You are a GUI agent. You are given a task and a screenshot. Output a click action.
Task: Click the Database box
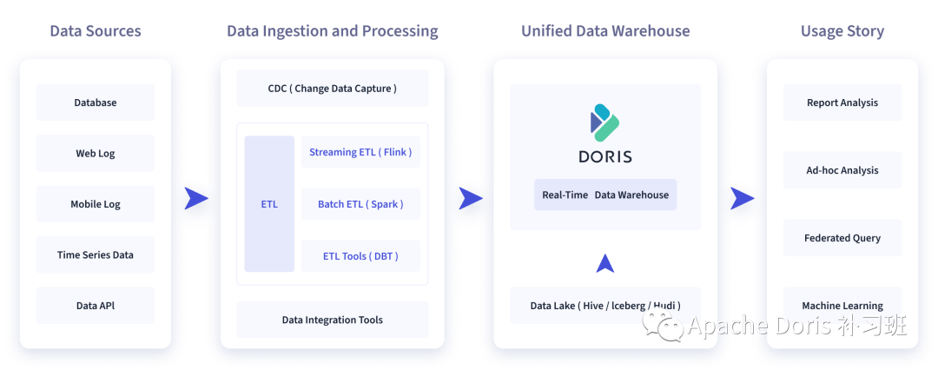(96, 102)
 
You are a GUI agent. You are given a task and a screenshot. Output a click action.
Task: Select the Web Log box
(96, 154)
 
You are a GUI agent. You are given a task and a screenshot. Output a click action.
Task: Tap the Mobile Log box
(96, 204)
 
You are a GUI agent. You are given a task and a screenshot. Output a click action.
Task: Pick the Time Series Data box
(96, 255)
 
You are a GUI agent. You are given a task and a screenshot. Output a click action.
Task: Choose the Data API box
(96, 306)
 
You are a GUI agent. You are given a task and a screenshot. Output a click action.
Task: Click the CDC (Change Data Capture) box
(333, 89)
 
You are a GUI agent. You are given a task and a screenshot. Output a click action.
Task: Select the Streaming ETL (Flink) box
(360, 153)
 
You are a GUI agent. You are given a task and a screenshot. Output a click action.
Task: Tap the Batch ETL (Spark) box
(360, 204)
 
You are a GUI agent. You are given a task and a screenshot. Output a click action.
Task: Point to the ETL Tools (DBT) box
(360, 256)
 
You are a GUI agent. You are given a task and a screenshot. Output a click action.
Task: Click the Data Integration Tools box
(333, 320)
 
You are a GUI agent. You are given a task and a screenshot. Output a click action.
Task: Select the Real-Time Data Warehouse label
(605, 195)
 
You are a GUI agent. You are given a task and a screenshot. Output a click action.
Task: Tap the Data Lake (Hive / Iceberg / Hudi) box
(605, 306)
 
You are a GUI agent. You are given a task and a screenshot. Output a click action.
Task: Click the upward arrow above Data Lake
(605, 262)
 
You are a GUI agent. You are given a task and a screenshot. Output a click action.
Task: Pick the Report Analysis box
(842, 102)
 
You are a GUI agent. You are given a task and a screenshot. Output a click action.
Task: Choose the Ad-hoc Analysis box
(842, 170)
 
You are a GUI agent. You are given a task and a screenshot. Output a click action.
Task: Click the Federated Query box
(842, 238)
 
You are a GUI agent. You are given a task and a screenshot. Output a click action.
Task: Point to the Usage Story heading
(842, 31)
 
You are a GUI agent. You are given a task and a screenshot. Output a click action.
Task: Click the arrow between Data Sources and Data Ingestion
(196, 199)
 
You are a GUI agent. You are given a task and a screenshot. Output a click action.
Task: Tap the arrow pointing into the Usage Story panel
(742, 199)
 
